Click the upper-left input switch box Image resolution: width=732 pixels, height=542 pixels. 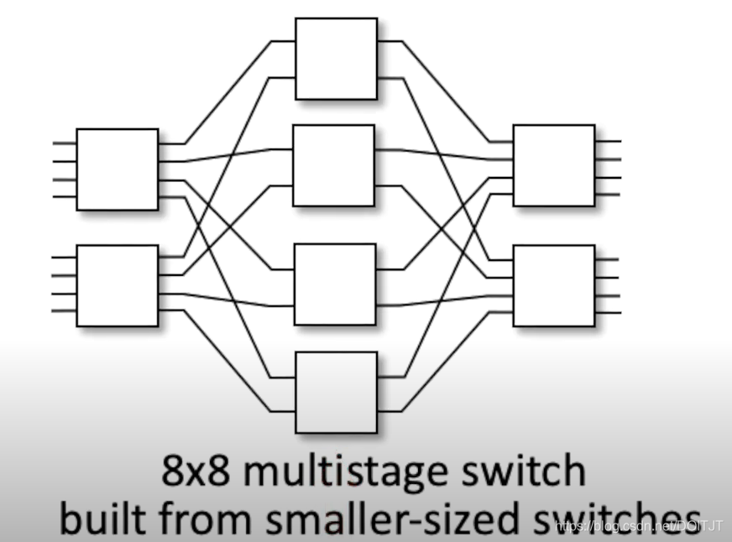[117, 169]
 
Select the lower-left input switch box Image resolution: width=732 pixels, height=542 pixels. [117, 285]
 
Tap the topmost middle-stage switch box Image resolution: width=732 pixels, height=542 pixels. [336, 58]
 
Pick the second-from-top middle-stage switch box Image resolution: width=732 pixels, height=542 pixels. [333, 164]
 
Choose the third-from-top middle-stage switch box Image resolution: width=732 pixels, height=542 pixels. [335, 284]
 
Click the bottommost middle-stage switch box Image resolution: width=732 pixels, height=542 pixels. [337, 392]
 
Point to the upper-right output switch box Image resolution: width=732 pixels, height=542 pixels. [554, 165]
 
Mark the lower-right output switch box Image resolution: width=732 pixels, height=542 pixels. [554, 285]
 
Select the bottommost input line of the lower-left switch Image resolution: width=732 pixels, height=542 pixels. [64, 312]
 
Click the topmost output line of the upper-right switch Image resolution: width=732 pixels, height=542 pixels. [608, 142]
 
